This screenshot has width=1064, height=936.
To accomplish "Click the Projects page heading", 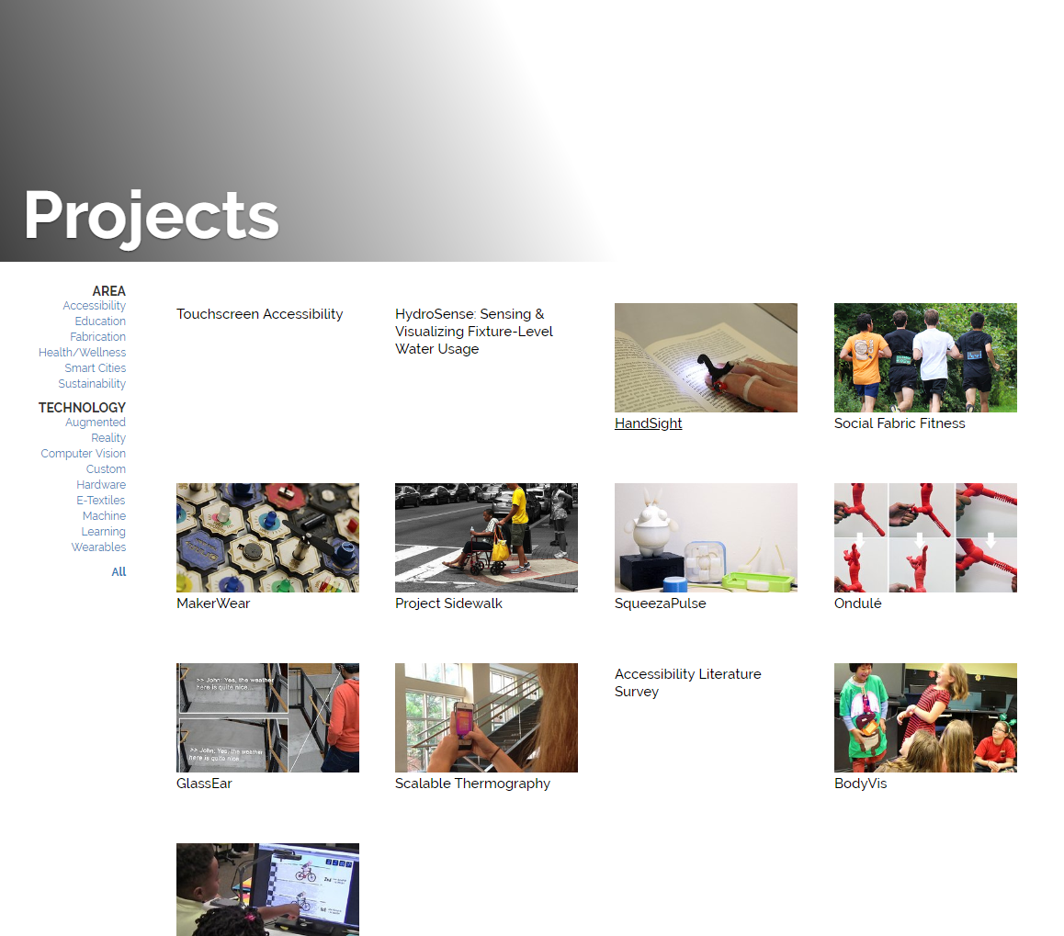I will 152,216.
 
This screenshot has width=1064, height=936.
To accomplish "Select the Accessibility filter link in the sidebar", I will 95,306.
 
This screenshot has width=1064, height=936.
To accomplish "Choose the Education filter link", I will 100,321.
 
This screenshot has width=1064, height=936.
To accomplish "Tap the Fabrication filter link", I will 98,337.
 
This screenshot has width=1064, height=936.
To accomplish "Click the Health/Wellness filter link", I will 83,353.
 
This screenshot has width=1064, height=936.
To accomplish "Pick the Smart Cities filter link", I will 95,368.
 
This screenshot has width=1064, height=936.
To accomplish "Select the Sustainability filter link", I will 92,384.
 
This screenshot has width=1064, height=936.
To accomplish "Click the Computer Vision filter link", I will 84,454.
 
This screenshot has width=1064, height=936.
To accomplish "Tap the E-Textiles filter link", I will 101,501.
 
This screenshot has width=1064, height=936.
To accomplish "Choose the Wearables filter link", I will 99,547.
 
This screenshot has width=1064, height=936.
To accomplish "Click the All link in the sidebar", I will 119,572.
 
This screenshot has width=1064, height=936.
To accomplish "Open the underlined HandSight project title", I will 648,423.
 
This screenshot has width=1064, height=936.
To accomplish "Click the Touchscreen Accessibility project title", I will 259,314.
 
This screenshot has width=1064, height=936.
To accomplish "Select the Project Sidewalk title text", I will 448,603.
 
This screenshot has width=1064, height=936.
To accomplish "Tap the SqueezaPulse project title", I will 660,603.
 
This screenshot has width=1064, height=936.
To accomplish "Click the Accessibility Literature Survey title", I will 687,682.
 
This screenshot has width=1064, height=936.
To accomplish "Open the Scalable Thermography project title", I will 472,784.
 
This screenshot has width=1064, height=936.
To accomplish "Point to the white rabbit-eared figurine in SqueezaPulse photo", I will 655,524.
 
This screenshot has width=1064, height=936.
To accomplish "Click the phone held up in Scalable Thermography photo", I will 465,723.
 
